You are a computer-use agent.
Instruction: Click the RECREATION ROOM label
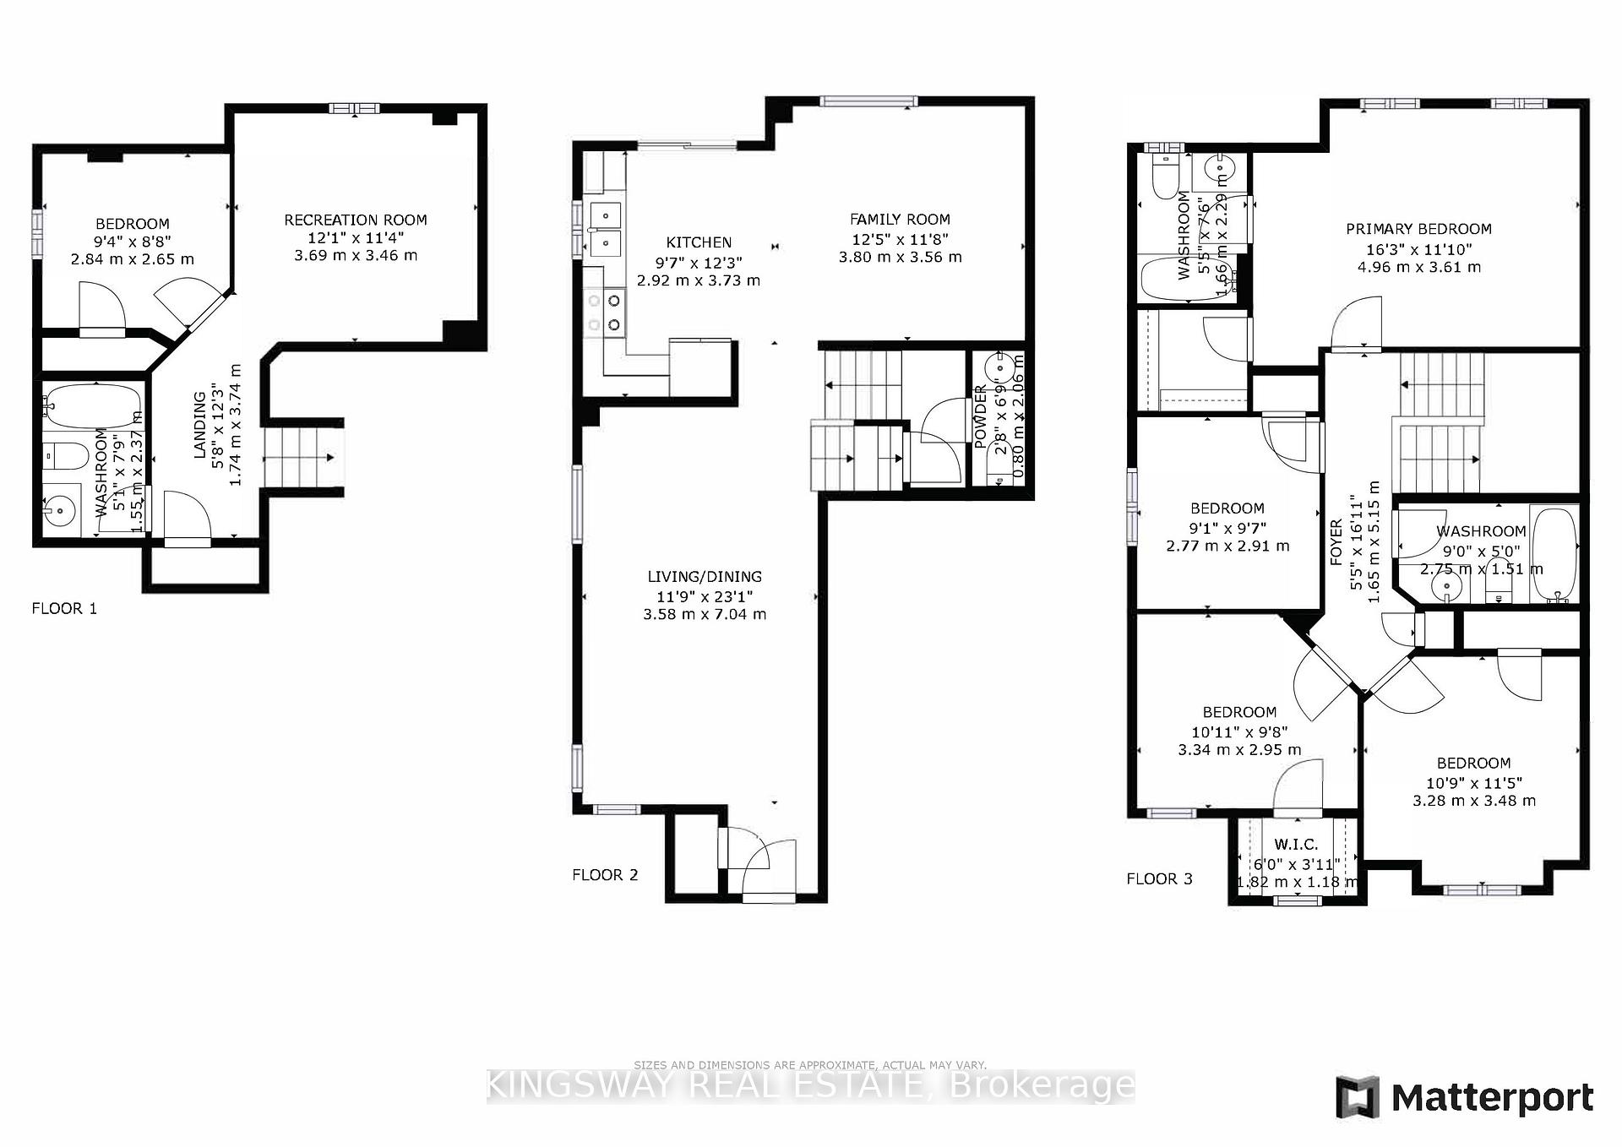click(x=355, y=220)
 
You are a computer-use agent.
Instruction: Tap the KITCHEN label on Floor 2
click(x=699, y=242)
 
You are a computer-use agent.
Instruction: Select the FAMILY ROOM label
click(x=900, y=220)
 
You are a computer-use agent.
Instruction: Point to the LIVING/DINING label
click(x=705, y=577)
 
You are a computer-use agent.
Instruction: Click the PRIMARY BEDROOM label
click(x=1418, y=229)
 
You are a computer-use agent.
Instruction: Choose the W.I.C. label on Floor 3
click(x=1296, y=845)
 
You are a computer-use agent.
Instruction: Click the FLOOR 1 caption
click(x=64, y=608)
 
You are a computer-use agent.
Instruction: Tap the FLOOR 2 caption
click(x=605, y=875)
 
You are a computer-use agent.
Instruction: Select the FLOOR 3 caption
click(x=1159, y=879)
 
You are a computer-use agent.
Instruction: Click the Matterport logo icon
click(x=1358, y=1097)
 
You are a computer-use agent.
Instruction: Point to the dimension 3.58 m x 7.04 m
click(x=705, y=614)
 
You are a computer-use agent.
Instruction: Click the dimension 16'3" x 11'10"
click(x=1418, y=249)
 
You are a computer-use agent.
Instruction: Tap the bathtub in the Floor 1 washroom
click(x=93, y=405)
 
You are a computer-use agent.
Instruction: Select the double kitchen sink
click(x=605, y=229)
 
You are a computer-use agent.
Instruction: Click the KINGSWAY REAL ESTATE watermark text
click(x=810, y=1086)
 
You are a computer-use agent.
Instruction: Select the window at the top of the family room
click(x=868, y=102)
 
